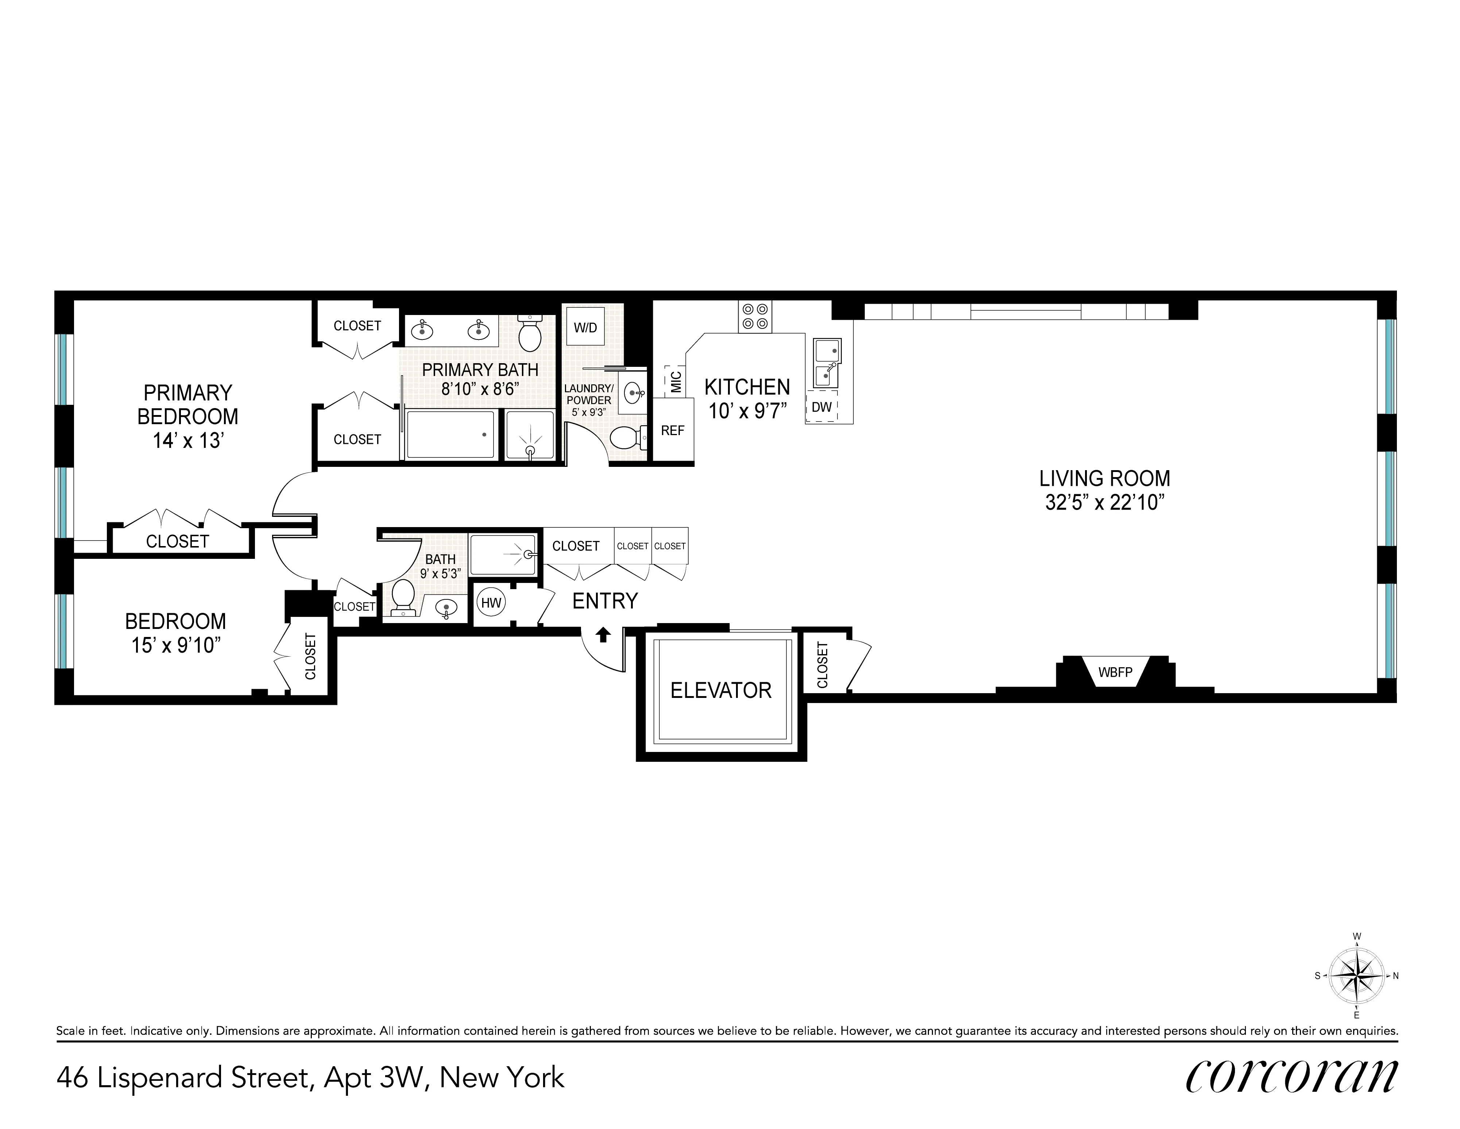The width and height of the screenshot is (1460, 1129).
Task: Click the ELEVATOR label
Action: pyautogui.click(x=721, y=690)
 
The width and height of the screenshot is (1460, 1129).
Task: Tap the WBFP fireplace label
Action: pyautogui.click(x=1115, y=672)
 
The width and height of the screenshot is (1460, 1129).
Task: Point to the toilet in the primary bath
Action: pyautogui.click(x=530, y=333)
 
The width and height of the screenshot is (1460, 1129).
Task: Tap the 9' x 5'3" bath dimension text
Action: pyautogui.click(x=440, y=573)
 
